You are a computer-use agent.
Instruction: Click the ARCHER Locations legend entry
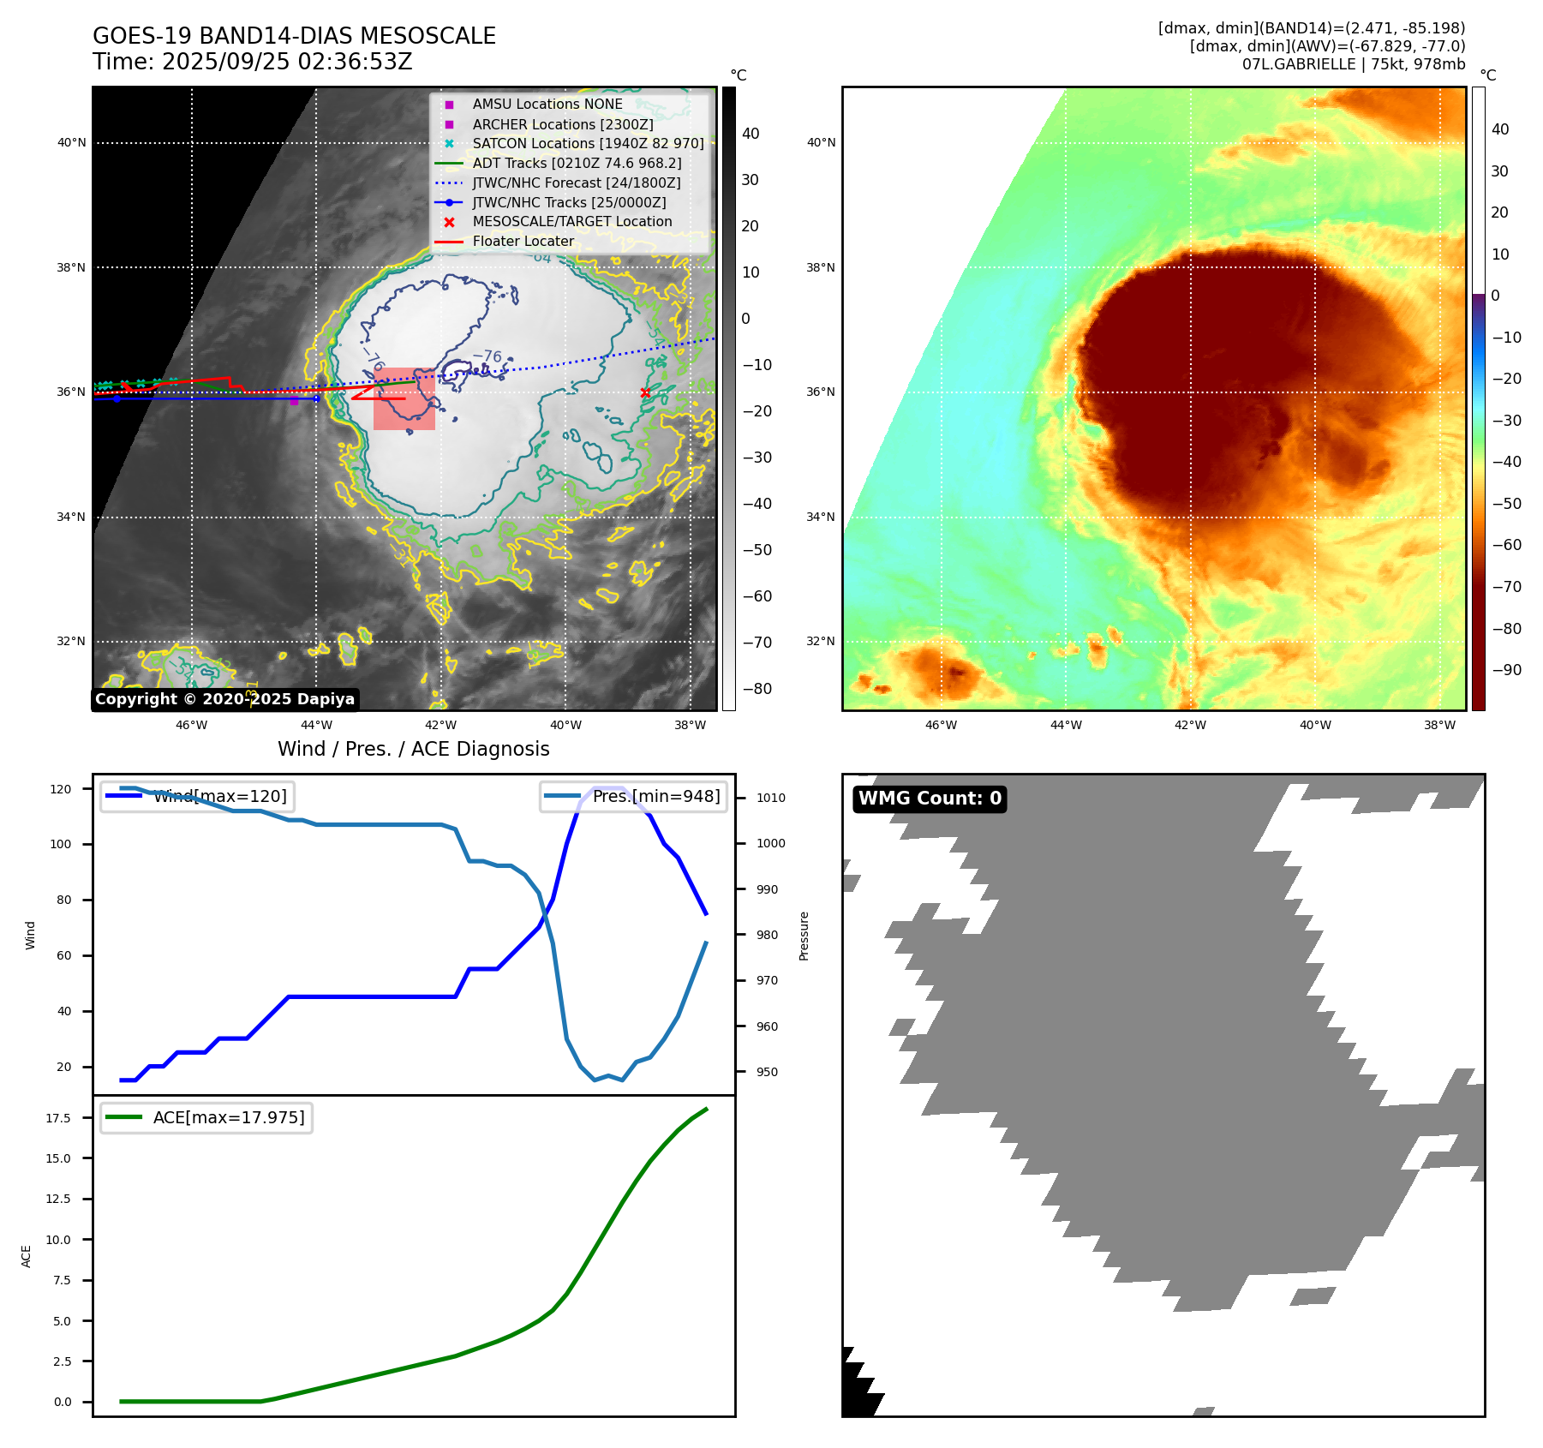pyautogui.click(x=562, y=124)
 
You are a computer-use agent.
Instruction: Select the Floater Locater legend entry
pyautogui.click(x=523, y=242)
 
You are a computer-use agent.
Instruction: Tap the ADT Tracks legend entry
pyautogui.click(x=577, y=163)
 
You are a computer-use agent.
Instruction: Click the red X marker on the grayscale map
pyautogui.click(x=645, y=393)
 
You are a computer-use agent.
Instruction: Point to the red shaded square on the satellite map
pyautogui.click(x=404, y=398)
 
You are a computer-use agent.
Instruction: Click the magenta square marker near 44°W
pyautogui.click(x=294, y=400)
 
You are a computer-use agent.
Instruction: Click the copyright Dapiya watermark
pyautogui.click(x=224, y=699)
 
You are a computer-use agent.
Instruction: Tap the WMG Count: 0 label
pyautogui.click(x=930, y=799)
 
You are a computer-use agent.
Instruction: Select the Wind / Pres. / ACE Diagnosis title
pyautogui.click(x=413, y=749)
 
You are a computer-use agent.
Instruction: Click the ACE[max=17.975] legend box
pyautogui.click(x=206, y=1117)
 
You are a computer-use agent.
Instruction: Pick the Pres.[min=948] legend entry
pyautogui.click(x=634, y=796)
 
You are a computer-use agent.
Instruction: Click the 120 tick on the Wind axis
pyautogui.click(x=61, y=789)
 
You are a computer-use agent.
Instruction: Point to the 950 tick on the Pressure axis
pyautogui.click(x=767, y=1072)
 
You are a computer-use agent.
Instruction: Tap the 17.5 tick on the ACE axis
pyautogui.click(x=58, y=1118)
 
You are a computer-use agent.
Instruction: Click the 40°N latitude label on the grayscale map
pyautogui.click(x=71, y=143)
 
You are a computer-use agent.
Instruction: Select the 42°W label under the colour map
pyautogui.click(x=1190, y=725)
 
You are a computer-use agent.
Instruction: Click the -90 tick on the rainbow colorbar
pyautogui.click(x=1506, y=670)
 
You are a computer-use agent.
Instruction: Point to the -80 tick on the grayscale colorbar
pyautogui.click(x=757, y=689)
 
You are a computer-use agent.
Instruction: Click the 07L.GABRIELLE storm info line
pyautogui.click(x=1353, y=64)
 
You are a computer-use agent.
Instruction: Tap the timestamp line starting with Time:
pyautogui.click(x=253, y=62)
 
